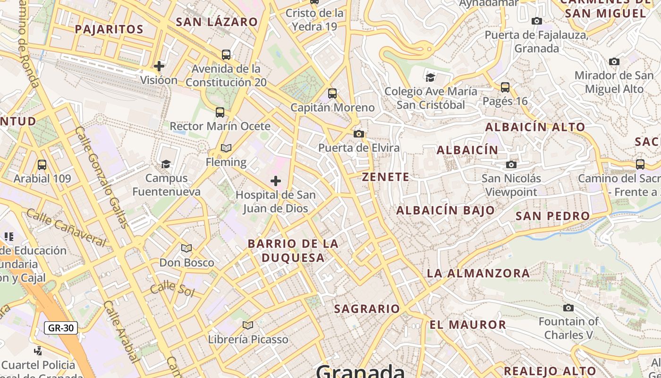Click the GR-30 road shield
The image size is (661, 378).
(61, 327)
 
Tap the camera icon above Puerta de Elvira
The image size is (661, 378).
(359, 134)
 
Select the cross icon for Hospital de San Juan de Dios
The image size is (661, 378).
(276, 180)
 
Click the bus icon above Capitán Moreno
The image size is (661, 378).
(332, 94)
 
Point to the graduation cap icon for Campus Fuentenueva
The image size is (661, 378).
(166, 164)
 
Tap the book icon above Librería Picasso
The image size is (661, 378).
(248, 325)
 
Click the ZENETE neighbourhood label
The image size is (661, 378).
(386, 177)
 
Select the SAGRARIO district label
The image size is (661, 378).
(367, 309)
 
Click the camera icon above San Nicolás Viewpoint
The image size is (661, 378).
(511, 164)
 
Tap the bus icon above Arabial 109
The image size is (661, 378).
(42, 165)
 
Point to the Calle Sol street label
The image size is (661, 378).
(173, 288)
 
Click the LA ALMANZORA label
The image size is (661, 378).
(478, 273)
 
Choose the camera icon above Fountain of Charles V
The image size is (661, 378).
(568, 308)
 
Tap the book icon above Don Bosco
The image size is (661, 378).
(186, 248)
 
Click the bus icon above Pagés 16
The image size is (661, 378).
(505, 87)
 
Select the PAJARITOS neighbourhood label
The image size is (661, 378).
(109, 29)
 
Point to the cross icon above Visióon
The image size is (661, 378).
(159, 66)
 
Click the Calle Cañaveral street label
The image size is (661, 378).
(66, 227)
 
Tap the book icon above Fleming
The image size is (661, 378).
(226, 148)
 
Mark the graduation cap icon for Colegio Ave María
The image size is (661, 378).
(430, 77)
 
